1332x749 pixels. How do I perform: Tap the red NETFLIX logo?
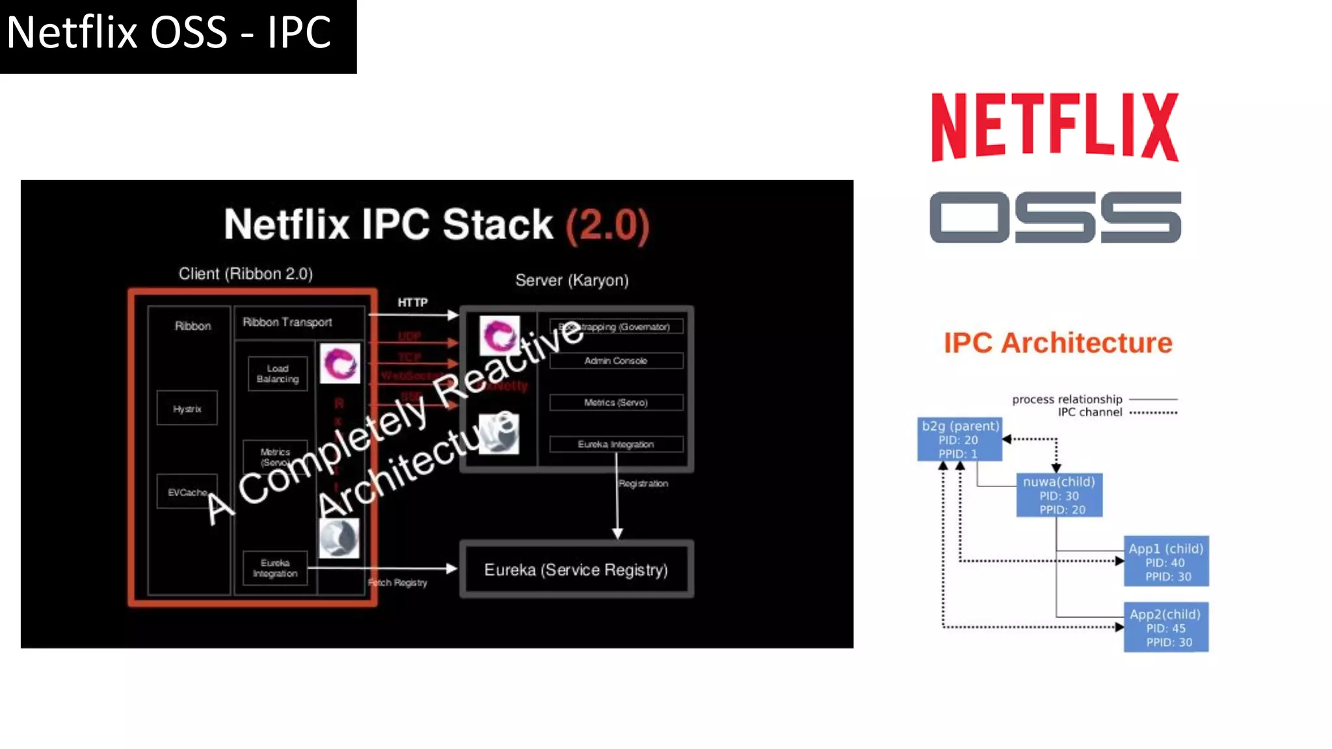1054,127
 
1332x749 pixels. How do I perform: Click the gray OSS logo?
1054,217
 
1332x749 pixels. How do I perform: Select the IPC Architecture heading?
1058,343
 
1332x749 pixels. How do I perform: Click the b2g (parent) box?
959,440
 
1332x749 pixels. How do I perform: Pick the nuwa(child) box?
1059,495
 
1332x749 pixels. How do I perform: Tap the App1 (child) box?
1166,562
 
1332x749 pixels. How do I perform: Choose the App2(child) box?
1166,627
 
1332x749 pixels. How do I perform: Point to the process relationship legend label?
1067,399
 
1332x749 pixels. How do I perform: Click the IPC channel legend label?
1089,412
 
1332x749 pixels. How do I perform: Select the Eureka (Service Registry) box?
576,570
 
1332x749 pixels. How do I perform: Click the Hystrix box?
187,408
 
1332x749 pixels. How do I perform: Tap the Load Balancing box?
277,374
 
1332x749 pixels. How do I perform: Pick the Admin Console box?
615,361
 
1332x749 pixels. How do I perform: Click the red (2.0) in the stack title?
607,225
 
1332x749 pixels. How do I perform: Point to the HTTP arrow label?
412,302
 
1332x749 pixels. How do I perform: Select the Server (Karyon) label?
572,280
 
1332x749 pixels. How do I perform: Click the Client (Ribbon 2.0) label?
246,274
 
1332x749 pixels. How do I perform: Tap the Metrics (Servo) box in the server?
615,402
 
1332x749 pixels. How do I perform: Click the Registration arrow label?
643,484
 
